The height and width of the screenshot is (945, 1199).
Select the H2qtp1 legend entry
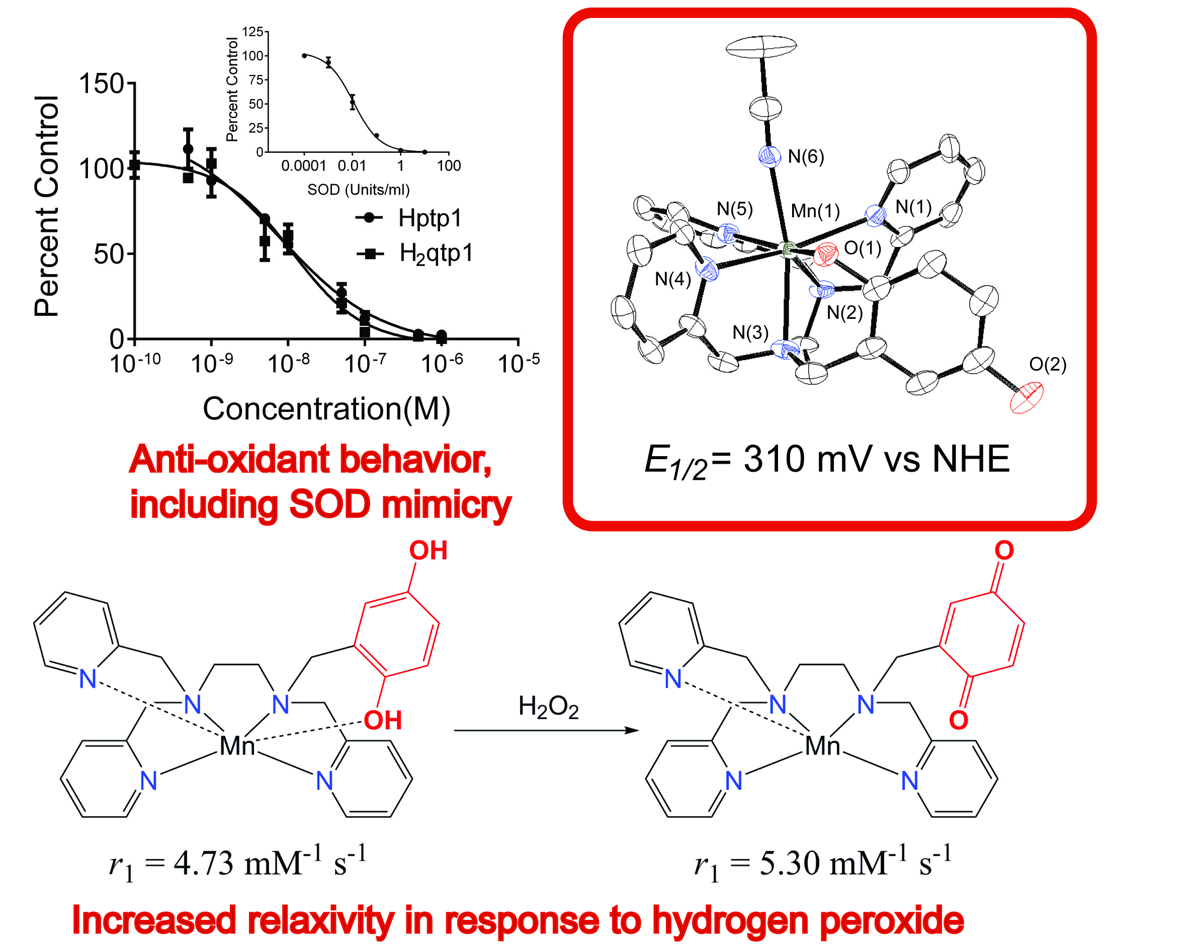(x=436, y=253)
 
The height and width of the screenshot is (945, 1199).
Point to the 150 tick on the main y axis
(x=101, y=84)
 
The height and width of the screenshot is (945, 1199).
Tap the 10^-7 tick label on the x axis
(x=365, y=364)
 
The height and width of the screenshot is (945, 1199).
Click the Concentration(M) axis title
(x=326, y=409)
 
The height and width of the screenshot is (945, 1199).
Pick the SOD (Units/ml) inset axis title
(x=359, y=190)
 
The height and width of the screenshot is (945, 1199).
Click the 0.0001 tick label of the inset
(x=304, y=165)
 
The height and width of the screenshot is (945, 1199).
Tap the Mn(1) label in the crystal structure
(x=815, y=211)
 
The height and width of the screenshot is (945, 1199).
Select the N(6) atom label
(x=806, y=157)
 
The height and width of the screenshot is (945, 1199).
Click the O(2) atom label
(x=1048, y=364)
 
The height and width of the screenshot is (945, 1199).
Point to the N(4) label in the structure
(x=673, y=279)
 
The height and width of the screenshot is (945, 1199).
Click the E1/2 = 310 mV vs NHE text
(x=827, y=460)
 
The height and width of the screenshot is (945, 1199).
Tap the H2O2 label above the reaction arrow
(x=548, y=708)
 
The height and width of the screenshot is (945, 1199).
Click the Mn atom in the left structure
(x=237, y=746)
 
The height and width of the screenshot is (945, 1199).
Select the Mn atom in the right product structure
(x=823, y=746)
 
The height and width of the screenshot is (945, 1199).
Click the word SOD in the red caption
(x=329, y=504)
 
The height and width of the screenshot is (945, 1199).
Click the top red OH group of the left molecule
(x=427, y=551)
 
